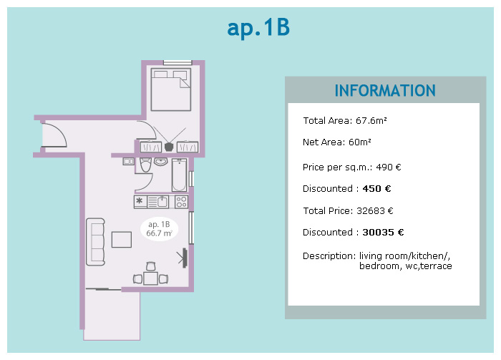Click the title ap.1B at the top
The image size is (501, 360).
258,28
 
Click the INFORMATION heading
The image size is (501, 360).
385,91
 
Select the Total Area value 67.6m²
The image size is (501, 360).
371,121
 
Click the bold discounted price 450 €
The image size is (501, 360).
377,189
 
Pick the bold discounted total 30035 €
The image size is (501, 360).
383,233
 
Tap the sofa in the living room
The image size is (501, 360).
95,241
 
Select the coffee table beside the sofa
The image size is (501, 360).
122,240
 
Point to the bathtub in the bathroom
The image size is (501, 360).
179,175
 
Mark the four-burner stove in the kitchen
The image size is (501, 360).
181,202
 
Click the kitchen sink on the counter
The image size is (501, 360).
162,202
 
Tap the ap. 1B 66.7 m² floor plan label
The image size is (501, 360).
160,229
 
